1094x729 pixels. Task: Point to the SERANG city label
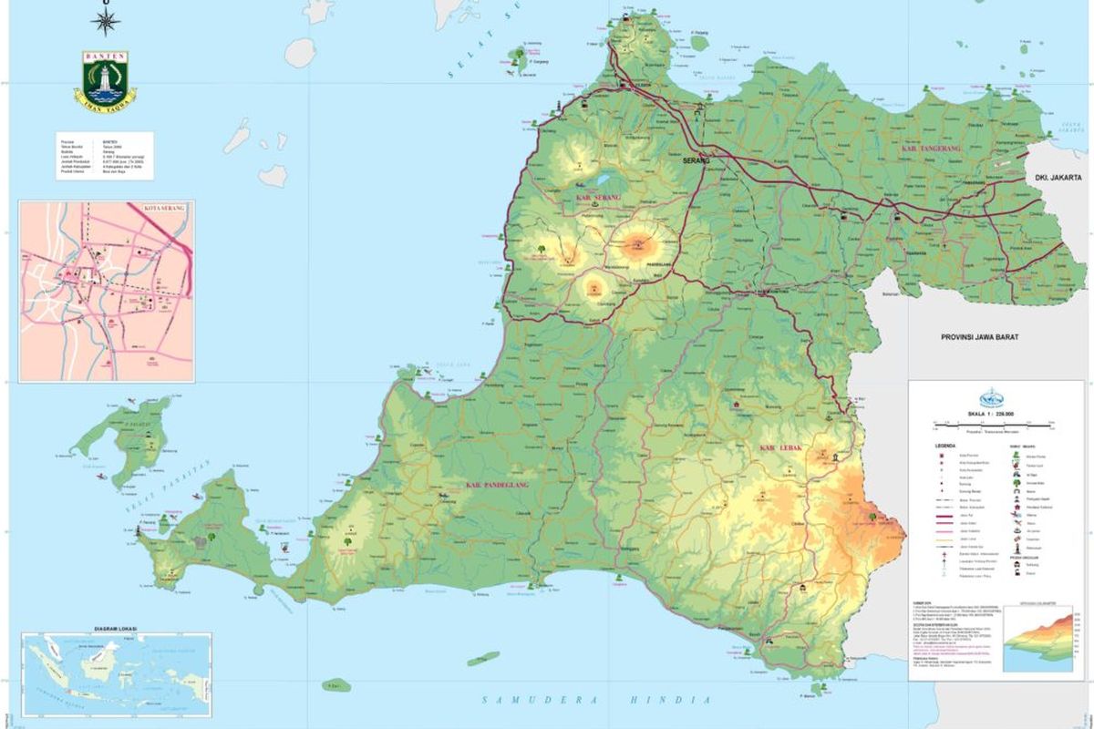click(x=696, y=160)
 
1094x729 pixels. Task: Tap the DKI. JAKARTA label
click(x=1057, y=180)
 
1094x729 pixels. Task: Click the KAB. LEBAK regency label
click(x=780, y=448)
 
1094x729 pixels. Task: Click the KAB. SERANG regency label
click(x=598, y=196)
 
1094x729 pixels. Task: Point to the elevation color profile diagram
click(x=1044, y=643)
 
